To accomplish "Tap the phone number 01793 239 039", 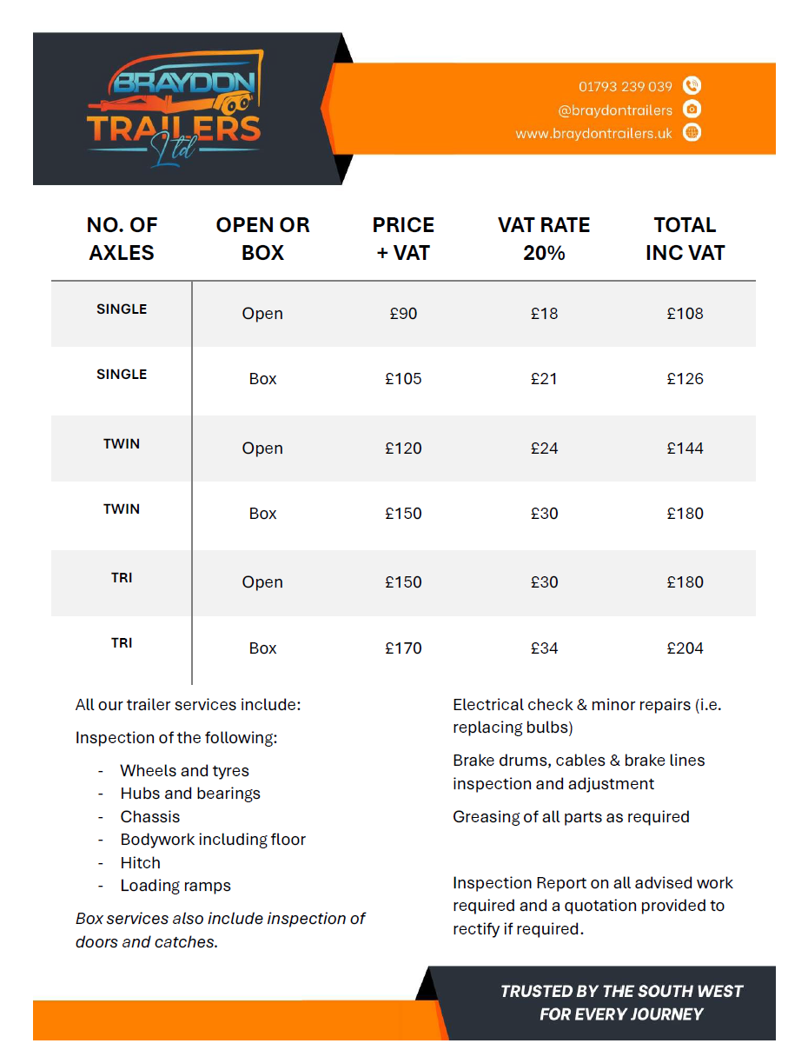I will tap(626, 86).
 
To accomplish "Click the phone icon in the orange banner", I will tap(692, 85).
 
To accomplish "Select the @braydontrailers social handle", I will tap(615, 110).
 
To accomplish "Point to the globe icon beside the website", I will tap(692, 133).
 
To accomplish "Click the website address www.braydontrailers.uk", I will tap(593, 134).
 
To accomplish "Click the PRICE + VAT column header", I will tap(403, 239).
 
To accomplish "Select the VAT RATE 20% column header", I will tap(544, 239).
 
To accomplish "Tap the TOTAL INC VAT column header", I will tap(685, 239).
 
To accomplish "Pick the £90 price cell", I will tap(403, 314).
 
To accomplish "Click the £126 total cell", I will tap(685, 379).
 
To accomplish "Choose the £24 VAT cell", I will tap(544, 449).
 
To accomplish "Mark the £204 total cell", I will tap(685, 648).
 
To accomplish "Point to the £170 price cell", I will tap(403, 648).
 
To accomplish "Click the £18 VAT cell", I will tap(544, 314).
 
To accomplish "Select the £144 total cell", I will tap(685, 449).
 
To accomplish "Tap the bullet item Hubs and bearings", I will tap(190, 794).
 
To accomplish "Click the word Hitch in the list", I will tap(141, 863).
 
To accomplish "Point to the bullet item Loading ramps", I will tap(176, 886).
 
